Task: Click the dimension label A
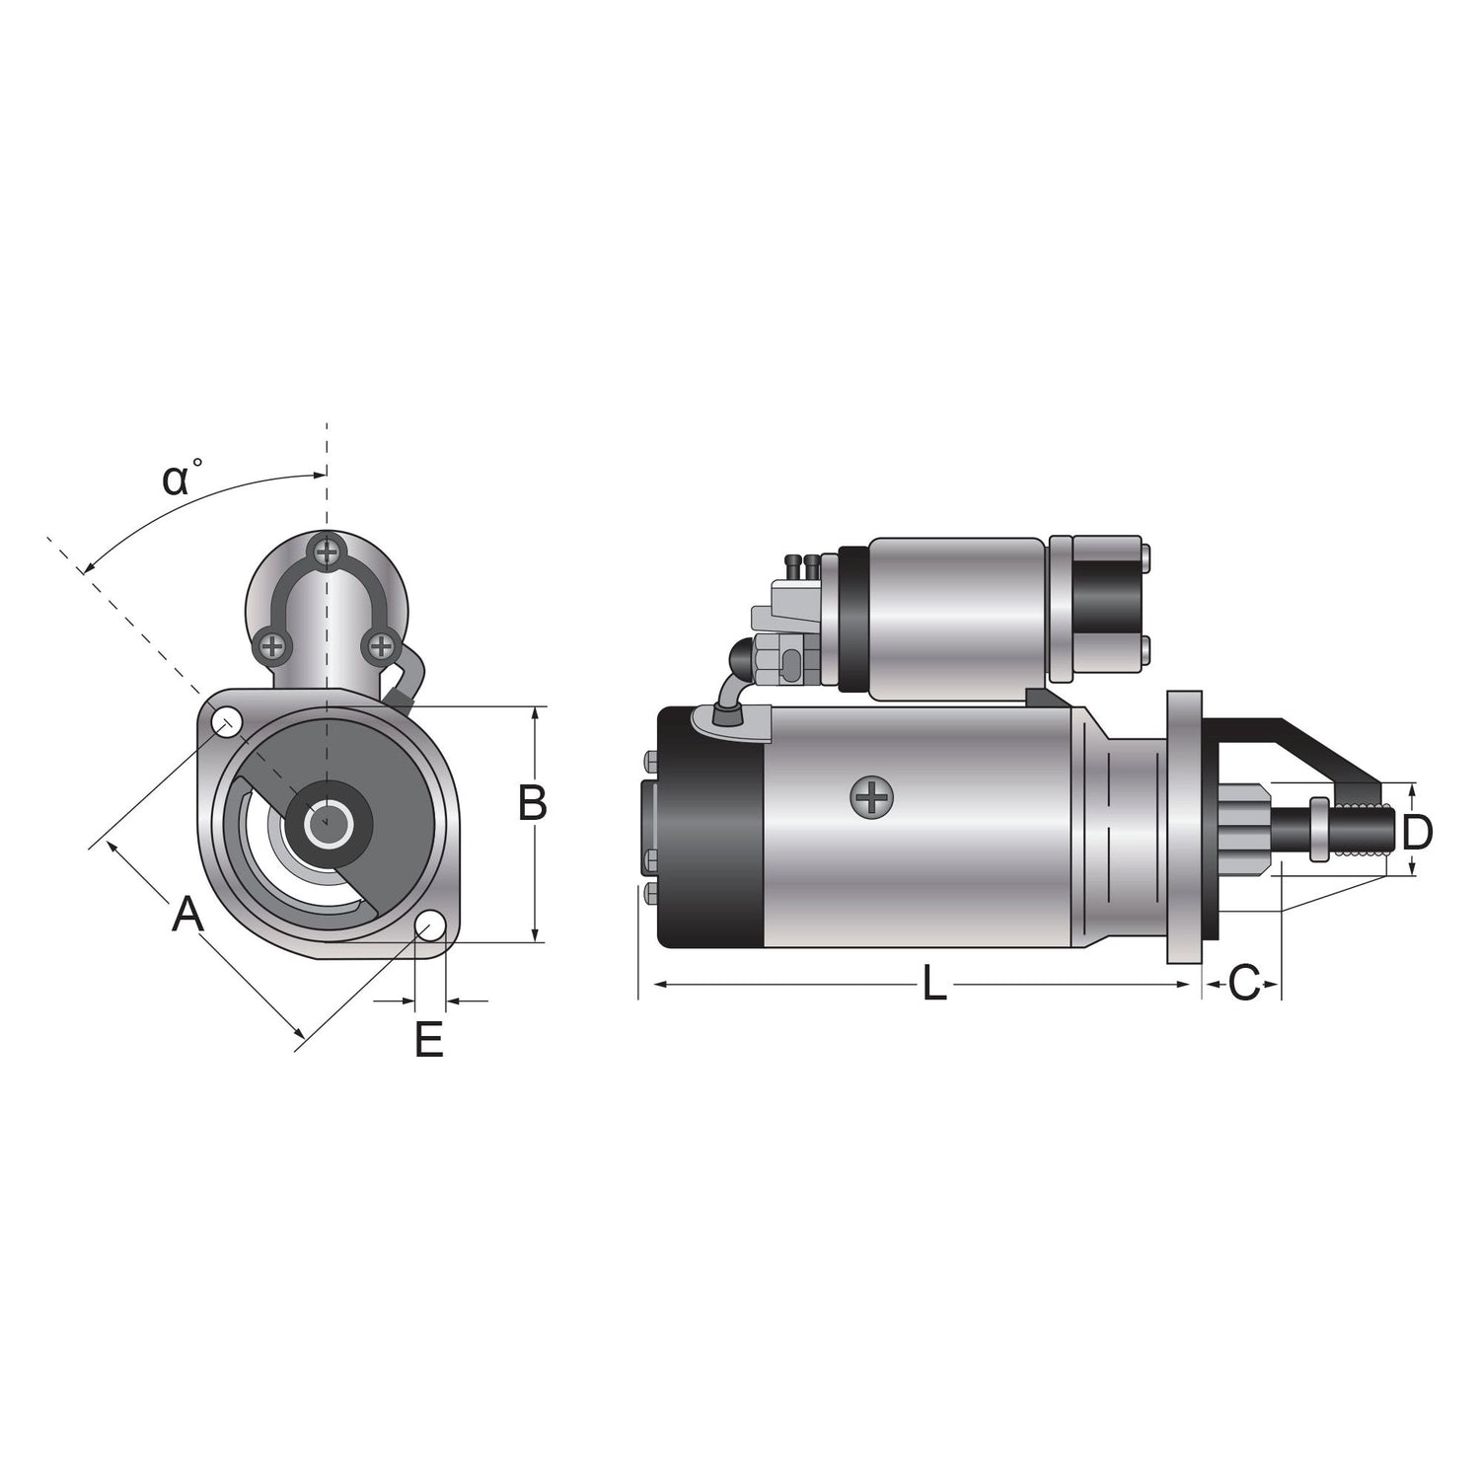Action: click(187, 915)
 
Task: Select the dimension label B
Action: click(533, 803)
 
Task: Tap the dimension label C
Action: click(1244, 984)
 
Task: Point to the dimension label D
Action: click(1417, 834)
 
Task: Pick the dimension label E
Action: click(429, 1040)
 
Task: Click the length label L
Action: click(933, 985)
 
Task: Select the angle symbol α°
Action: click(183, 479)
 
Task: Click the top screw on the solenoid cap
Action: click(326, 552)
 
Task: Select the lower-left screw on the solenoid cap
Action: click(272, 646)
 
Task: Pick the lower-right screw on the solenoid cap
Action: click(380, 646)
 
